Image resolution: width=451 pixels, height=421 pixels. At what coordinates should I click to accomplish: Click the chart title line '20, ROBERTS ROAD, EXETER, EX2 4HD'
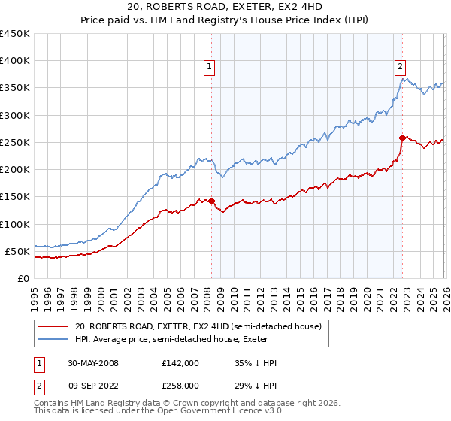[225, 8]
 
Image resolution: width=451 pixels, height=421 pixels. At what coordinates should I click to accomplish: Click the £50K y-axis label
[18, 251]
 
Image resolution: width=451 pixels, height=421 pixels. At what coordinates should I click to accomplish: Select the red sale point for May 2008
[212, 201]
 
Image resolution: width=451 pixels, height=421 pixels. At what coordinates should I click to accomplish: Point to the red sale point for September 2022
[402, 138]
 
